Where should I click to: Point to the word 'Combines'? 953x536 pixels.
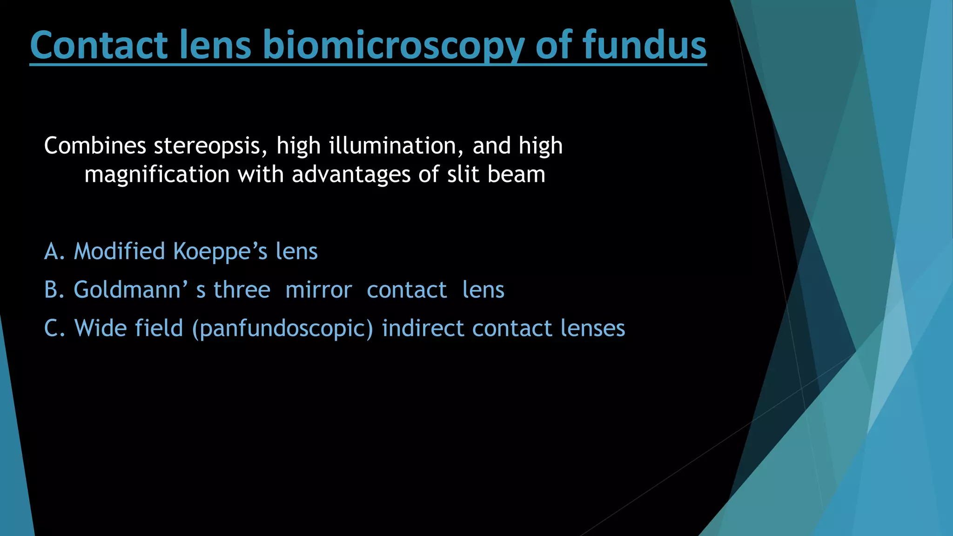[x=95, y=146]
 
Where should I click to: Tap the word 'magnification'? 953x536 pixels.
[x=157, y=175]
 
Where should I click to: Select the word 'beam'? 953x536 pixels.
[x=516, y=174]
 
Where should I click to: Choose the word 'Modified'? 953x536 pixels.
[x=120, y=252]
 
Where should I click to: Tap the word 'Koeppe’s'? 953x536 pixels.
[x=220, y=252]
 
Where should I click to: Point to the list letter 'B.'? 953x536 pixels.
[x=54, y=290]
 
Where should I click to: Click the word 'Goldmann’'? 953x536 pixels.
[x=131, y=290]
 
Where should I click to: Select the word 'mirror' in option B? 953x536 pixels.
[x=318, y=290]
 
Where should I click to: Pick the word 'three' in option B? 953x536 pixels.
[x=242, y=290]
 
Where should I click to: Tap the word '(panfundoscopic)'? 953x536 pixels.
[x=282, y=329]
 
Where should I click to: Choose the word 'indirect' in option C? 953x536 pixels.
[x=423, y=328]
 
